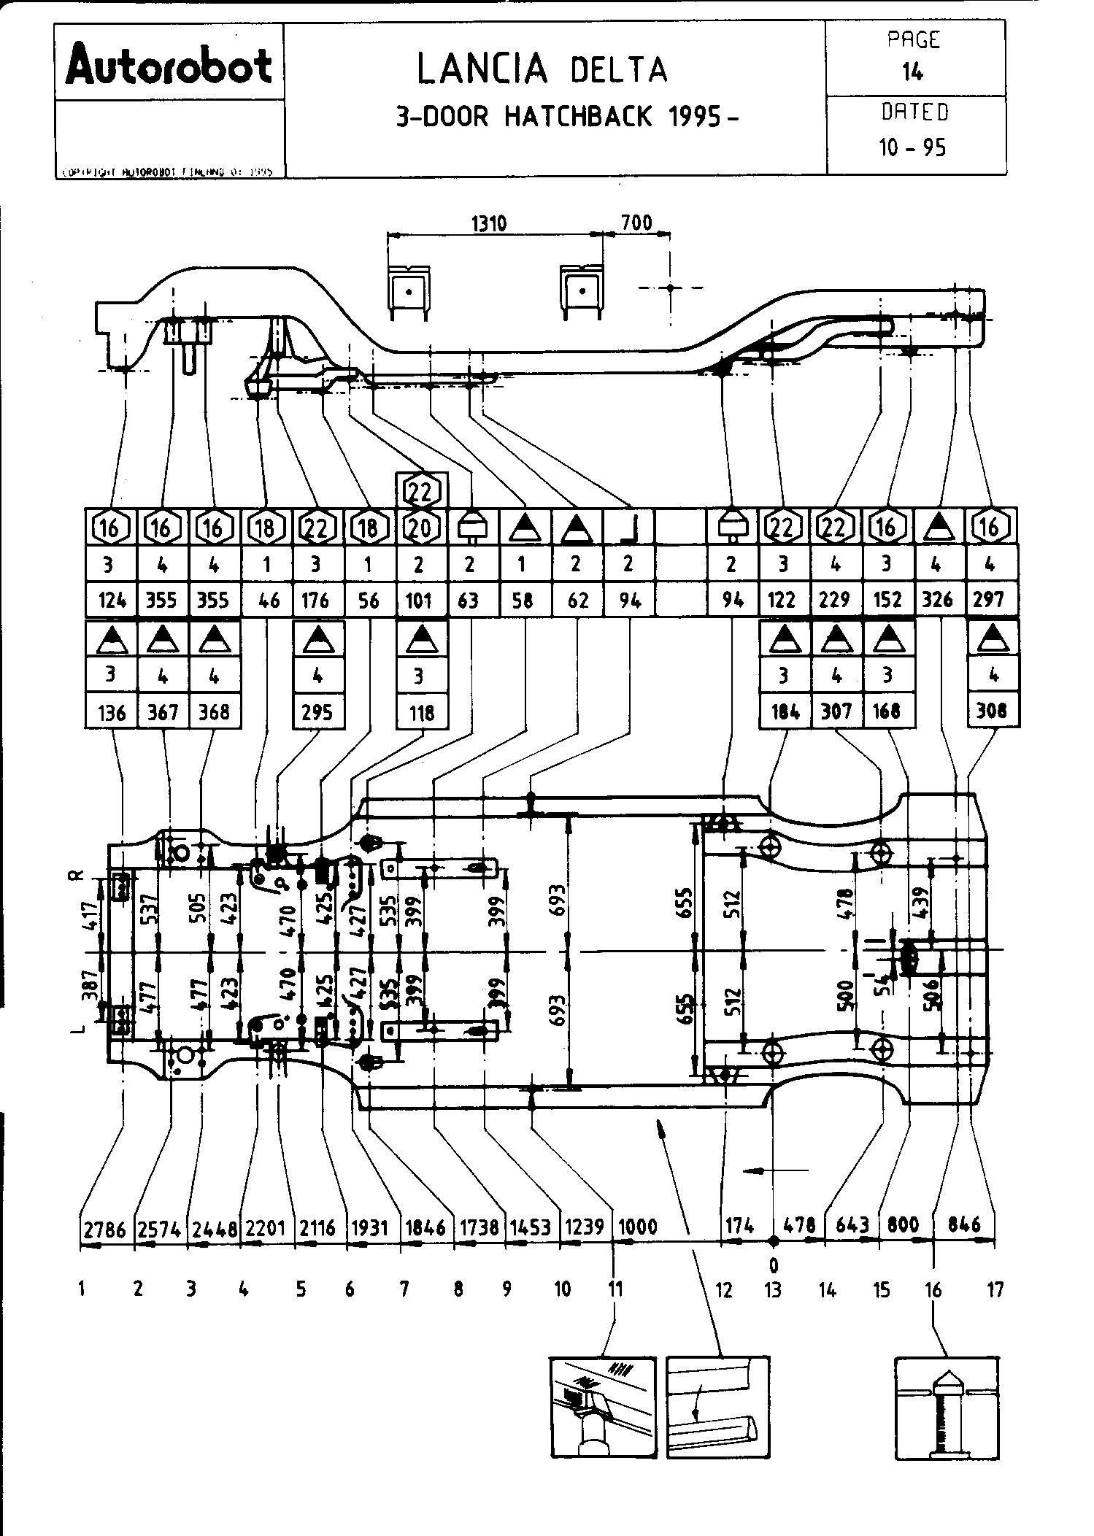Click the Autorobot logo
[x=169, y=64]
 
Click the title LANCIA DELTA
[x=542, y=69]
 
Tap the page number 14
[x=912, y=72]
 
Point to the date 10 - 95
[x=912, y=148]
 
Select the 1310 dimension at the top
[x=488, y=223]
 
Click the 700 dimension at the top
[x=636, y=222]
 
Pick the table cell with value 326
[x=938, y=600]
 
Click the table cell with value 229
[x=834, y=600]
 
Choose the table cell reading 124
[x=111, y=601]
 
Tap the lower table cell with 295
[x=317, y=711]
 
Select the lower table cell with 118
[x=421, y=711]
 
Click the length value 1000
[x=638, y=1227]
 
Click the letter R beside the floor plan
[x=80, y=875]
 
